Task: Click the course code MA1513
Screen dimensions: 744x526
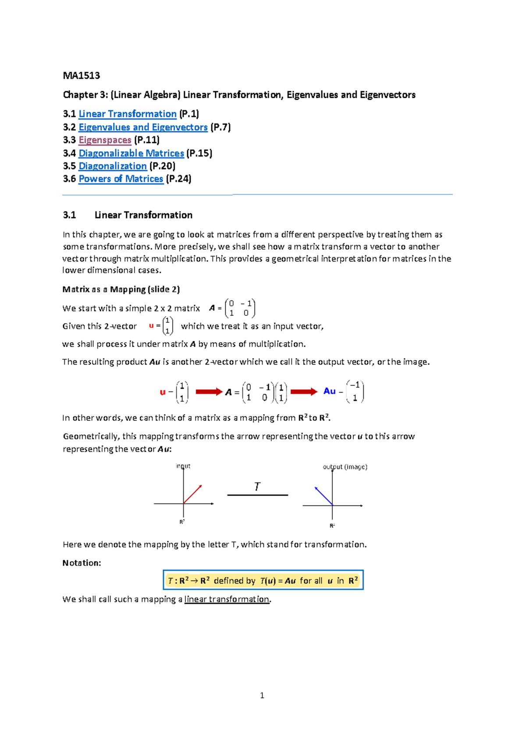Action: coord(82,75)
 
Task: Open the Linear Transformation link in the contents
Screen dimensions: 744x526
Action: coord(128,114)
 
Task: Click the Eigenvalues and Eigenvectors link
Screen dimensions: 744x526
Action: coord(143,127)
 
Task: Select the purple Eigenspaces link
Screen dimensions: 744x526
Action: coord(105,140)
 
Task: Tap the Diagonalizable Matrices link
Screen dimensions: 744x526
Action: coord(131,153)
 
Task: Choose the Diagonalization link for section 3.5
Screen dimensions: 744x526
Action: coord(113,166)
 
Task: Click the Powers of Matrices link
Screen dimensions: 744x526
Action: coord(121,179)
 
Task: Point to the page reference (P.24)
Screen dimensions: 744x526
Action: coord(179,179)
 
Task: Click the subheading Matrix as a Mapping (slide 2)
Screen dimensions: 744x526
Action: coord(121,289)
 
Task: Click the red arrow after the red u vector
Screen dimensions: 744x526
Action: coord(209,392)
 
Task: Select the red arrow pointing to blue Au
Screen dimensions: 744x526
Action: coord(303,392)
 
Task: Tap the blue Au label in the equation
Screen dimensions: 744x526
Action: coord(329,391)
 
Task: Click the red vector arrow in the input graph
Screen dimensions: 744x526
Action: coord(193,494)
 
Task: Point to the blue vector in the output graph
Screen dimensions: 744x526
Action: coord(323,496)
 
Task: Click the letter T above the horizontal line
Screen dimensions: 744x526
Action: coord(257,486)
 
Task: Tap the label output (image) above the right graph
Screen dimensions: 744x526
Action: coord(345,467)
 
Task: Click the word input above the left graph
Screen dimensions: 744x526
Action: coord(183,466)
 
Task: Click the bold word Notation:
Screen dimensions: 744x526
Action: coord(82,563)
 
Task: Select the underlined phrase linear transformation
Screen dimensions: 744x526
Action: coord(227,599)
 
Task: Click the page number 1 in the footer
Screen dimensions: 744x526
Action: coord(262,695)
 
